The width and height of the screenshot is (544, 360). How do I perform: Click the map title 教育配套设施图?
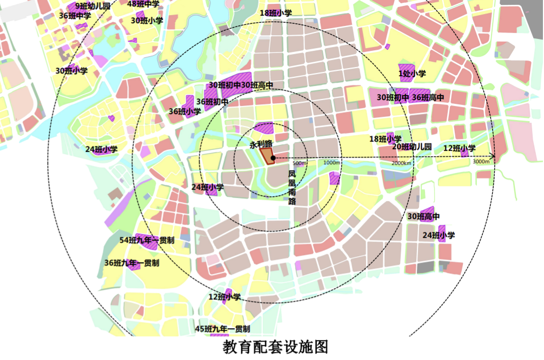275,346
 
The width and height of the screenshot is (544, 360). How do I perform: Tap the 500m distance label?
300,163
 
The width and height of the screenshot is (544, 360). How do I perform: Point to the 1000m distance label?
331,163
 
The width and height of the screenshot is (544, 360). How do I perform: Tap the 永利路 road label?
260,145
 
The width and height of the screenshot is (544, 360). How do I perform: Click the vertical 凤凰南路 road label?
292,188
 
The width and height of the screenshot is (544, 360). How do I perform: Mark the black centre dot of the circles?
274,158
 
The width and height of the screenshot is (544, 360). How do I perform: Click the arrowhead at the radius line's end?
493,157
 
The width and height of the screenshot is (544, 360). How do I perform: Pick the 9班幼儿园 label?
92,6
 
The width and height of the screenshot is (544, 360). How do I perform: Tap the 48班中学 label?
143,4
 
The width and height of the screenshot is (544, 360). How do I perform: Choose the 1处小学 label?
412,74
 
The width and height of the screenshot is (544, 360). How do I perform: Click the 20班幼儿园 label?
412,146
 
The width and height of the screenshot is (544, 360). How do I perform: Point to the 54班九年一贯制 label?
147,240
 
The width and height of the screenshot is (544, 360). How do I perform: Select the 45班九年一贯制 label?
222,329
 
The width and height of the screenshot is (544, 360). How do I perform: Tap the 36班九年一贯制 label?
131,263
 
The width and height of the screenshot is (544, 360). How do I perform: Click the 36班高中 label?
428,98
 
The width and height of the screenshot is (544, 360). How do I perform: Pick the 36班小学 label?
184,111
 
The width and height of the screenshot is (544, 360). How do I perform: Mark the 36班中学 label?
75,16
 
